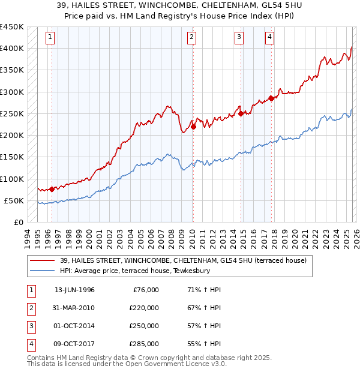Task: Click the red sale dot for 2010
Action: click(x=193, y=127)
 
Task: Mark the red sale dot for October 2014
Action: click(x=241, y=113)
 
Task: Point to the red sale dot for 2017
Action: click(x=271, y=98)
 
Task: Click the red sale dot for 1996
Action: click(x=52, y=189)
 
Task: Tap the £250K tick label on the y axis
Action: click(x=12, y=113)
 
